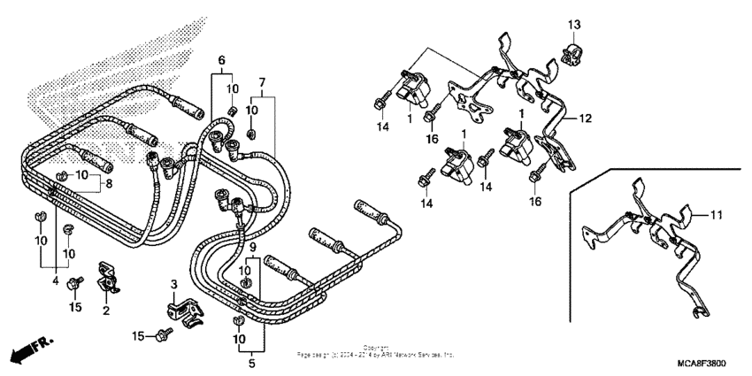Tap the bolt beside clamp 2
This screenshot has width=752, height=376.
click(x=78, y=283)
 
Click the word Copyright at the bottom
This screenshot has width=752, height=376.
click(x=376, y=348)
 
